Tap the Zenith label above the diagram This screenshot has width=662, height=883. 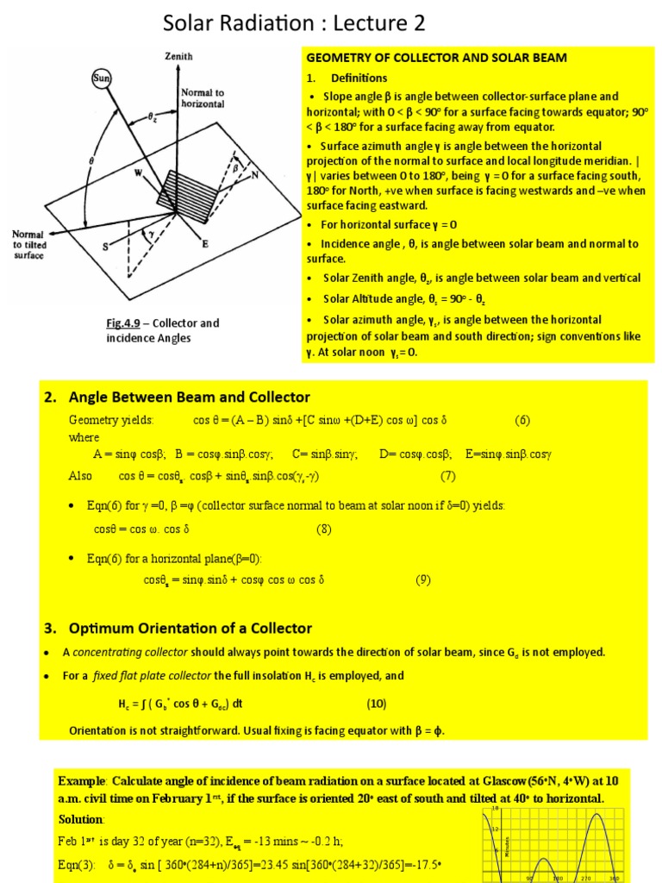[178, 56]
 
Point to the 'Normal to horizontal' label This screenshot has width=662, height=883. [203, 97]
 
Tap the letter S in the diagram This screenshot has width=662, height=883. [106, 247]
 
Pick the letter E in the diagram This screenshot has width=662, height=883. [205, 244]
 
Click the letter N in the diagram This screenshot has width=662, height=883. [254, 174]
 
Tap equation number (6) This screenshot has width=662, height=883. [522, 420]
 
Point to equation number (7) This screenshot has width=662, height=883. [447, 475]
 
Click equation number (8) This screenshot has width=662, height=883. [323, 529]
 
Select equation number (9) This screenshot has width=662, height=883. [422, 579]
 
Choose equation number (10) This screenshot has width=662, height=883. [377, 703]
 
